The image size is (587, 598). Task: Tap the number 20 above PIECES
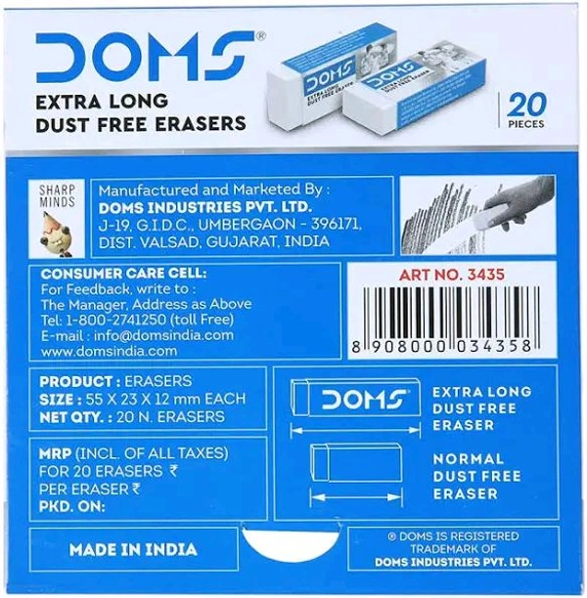526,106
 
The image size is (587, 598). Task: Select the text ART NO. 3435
451,275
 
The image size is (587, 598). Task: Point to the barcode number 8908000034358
441,347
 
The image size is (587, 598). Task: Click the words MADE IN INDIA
133,549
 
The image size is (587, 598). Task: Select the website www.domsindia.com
109,351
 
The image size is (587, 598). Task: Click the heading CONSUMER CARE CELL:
123,274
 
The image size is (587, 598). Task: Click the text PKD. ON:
72,506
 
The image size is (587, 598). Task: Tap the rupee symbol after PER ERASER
136,490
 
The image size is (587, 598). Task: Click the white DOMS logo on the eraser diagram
364,400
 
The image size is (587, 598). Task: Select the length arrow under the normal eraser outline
356,497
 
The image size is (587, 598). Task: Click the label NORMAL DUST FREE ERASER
477,476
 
